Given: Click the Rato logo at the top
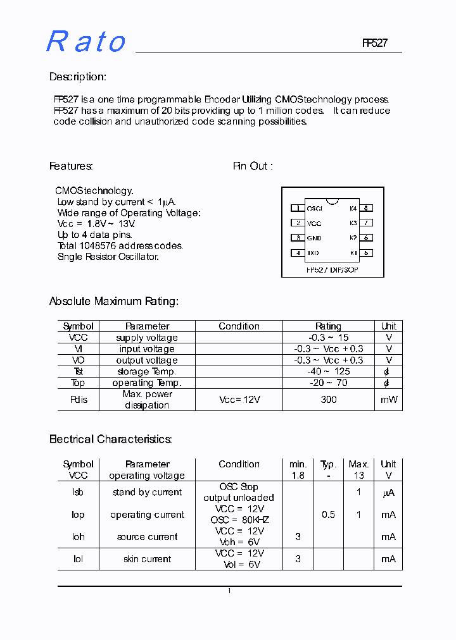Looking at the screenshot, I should pos(86,42).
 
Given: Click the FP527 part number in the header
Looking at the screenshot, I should pos(374,43).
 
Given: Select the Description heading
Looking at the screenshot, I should pos(78,77).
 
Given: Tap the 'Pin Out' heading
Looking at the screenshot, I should pos(253,166).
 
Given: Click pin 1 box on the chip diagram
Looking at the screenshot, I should pos(297,208).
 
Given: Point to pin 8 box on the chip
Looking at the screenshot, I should pos(366,208).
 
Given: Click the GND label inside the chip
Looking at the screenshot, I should pos(314,238).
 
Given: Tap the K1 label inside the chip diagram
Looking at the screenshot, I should pos(353,253).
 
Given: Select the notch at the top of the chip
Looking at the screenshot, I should pos(332,201).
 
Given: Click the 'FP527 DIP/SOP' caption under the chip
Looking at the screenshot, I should pos(332,269).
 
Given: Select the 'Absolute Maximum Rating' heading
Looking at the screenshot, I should pos(114,302).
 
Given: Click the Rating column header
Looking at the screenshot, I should pos(328,326).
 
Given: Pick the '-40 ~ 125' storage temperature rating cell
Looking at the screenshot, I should pos(328,372).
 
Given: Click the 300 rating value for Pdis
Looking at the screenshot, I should pos(328,400).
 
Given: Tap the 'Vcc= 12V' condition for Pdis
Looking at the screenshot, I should pos(239,400).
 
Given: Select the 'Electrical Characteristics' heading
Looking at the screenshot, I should pos(111,439).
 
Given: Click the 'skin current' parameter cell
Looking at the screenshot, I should pos(147,559).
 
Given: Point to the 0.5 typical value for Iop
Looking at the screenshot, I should pos(328,515).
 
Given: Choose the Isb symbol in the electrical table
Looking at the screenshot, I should pos(78,492).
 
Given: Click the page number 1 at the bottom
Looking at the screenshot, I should pos(229,591).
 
